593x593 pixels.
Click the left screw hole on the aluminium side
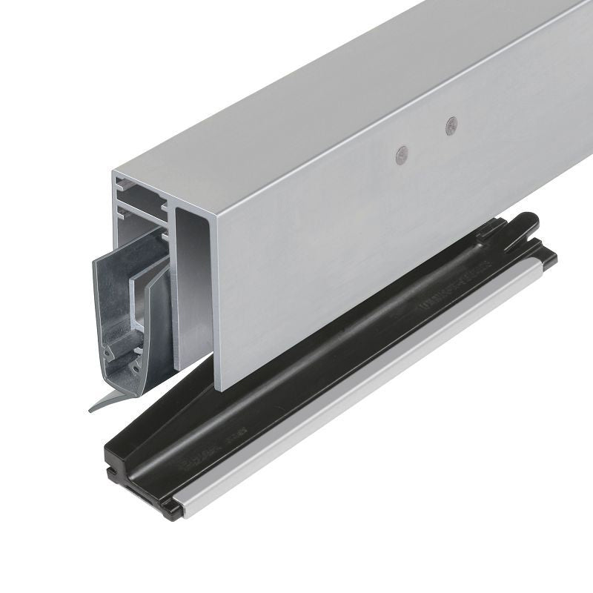[402, 153]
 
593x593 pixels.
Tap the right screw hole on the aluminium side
[451, 126]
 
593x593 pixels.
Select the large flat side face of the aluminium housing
[385, 237]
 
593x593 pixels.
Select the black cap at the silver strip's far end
[549, 256]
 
